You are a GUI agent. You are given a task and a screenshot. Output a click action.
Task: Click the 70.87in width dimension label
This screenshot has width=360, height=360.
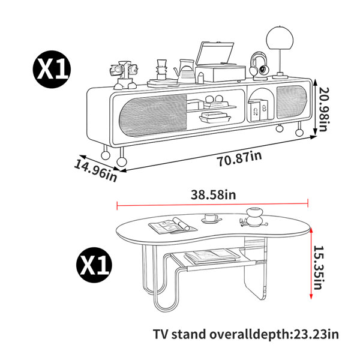[239, 158]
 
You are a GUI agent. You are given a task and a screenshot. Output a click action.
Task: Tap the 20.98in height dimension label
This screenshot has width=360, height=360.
[324, 109]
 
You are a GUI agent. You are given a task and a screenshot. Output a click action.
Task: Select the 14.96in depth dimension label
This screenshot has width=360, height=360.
[95, 171]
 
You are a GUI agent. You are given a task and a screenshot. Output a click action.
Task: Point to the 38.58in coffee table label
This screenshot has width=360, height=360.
[213, 195]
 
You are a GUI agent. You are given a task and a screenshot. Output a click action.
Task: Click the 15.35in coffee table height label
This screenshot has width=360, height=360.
[319, 268]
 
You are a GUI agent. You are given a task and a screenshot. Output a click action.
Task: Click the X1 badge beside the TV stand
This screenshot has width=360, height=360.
[52, 69]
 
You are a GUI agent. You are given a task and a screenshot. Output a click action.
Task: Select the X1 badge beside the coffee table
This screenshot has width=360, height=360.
[94, 266]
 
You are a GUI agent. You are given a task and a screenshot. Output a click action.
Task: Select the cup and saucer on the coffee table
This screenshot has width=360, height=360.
[211, 218]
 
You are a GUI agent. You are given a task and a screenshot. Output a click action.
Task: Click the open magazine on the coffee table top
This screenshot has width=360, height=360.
[173, 226]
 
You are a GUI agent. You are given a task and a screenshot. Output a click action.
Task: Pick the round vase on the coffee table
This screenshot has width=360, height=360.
[254, 217]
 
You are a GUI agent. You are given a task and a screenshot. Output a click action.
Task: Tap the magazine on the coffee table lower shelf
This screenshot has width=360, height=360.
[212, 257]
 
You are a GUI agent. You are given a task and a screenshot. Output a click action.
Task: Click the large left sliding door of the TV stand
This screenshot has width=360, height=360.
[152, 115]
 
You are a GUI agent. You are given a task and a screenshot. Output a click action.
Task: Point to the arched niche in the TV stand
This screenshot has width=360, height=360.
[261, 104]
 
